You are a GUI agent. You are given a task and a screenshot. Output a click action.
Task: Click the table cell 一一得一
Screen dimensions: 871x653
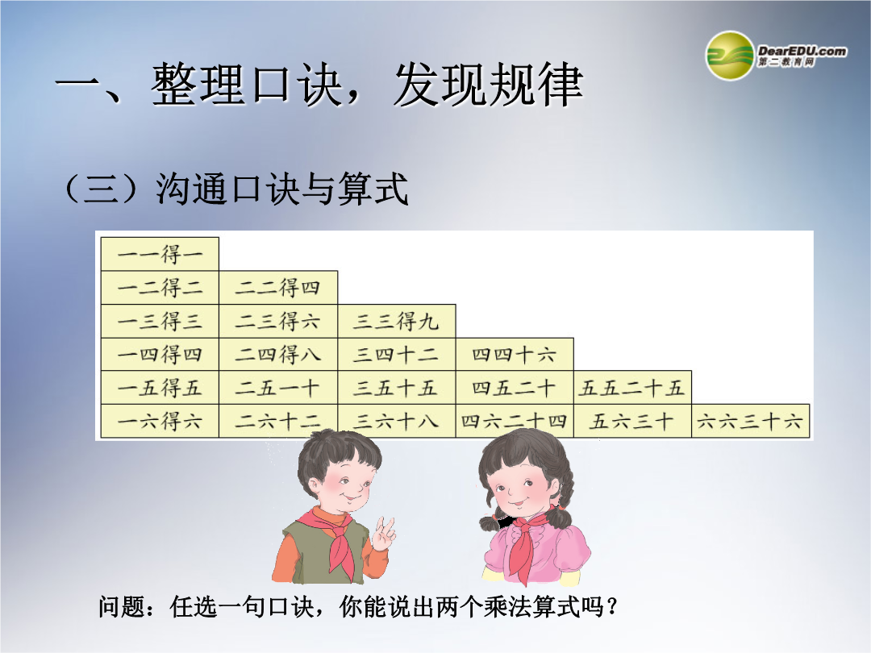(160, 254)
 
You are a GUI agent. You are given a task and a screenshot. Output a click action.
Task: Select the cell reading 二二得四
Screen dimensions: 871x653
(278, 288)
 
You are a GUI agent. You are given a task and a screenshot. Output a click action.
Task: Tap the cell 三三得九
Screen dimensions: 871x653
(397, 321)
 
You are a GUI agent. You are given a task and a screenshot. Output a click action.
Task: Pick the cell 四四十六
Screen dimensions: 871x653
(515, 354)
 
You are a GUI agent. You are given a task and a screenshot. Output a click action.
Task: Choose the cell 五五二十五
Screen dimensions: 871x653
(633, 388)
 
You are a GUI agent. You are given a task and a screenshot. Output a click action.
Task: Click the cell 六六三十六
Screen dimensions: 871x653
(751, 421)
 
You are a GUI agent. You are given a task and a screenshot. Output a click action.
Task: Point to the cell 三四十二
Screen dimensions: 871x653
(397, 354)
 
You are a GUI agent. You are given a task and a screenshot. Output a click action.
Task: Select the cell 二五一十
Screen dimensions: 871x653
(278, 388)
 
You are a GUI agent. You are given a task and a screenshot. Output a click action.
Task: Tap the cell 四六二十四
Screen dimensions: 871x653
(515, 421)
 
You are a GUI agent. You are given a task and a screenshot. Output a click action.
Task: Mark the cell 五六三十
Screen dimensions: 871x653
(633, 421)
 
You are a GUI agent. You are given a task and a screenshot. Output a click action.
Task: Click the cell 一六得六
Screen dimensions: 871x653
(160, 421)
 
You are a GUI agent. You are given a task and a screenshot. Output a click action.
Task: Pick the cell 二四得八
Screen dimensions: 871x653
(278, 354)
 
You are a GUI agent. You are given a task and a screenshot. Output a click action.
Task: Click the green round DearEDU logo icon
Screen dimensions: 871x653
(730, 56)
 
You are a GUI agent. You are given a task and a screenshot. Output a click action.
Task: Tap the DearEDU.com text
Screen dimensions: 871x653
(802, 51)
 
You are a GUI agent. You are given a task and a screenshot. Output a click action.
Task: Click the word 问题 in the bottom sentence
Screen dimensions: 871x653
(122, 606)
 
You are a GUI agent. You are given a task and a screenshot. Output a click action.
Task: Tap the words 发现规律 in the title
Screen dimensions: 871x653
(489, 85)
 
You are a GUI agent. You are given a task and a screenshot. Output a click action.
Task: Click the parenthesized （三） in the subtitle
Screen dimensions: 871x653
(101, 189)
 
